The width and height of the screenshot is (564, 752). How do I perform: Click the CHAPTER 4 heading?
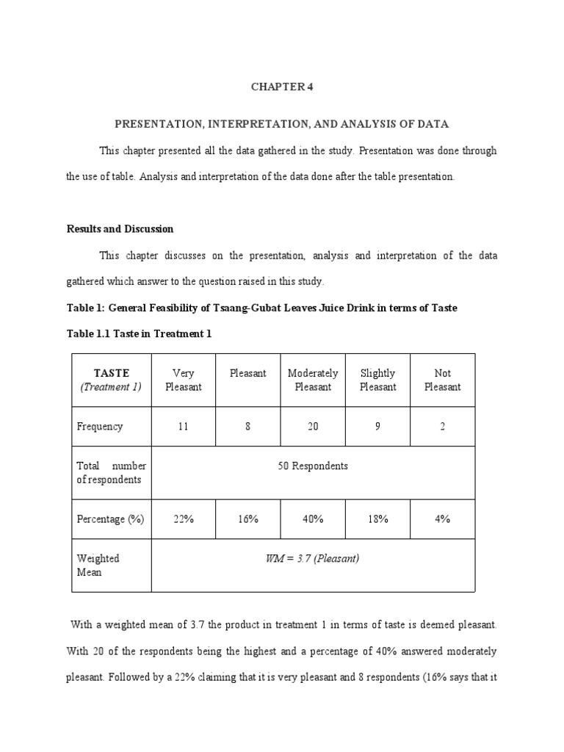point(281,87)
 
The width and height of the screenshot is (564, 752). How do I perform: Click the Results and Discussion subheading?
point(120,229)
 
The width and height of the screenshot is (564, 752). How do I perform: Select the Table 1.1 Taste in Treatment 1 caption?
point(139,334)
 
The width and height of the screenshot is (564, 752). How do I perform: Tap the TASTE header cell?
point(111,380)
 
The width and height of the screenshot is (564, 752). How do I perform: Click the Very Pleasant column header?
point(183,380)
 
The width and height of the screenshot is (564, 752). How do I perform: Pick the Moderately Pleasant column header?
point(313,380)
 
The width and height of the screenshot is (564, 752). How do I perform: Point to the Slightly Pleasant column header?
point(377,380)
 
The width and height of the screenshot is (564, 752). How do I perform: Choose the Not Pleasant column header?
point(442,380)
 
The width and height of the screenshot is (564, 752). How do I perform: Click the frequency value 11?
point(183,427)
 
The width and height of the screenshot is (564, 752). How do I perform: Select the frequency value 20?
point(313,427)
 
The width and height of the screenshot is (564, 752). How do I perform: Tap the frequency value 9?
point(377,427)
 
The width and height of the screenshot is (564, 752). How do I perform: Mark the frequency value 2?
point(442,427)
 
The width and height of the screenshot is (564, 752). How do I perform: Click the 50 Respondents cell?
point(313,466)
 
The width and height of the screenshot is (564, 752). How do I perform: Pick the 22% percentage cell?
point(183,519)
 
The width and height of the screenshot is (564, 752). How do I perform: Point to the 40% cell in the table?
point(313,519)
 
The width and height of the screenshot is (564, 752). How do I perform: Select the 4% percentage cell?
point(442,519)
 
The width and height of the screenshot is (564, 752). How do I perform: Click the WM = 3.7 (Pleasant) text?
point(312,559)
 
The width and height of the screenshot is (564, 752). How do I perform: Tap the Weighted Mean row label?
point(98,565)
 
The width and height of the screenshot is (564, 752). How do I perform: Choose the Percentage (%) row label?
point(110,519)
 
